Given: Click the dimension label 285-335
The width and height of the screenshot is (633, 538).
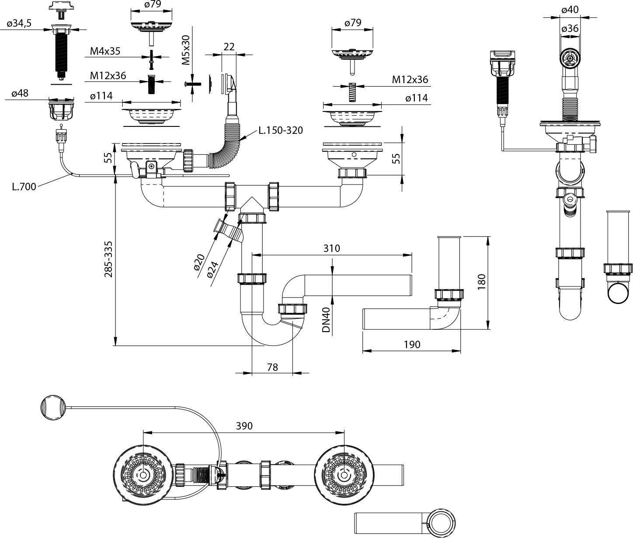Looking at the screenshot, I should click(x=109, y=259).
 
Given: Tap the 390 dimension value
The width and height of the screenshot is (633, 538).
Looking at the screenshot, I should click(x=244, y=426).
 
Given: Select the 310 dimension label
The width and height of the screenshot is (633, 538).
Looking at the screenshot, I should click(x=331, y=248).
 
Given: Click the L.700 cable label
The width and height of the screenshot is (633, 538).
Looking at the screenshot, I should click(x=24, y=186).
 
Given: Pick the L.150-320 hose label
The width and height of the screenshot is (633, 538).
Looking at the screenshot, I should click(x=280, y=130).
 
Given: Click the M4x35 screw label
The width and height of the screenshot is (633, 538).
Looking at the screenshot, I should click(x=105, y=51).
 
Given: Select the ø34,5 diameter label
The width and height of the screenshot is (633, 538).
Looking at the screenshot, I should click(x=19, y=24).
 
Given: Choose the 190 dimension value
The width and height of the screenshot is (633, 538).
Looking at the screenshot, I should click(x=412, y=344).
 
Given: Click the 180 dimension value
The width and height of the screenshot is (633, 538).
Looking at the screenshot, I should click(x=482, y=282).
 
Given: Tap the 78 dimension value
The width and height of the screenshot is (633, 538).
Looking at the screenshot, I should click(x=272, y=367).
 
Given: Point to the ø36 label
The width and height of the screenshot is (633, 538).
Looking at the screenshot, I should click(x=570, y=28).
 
